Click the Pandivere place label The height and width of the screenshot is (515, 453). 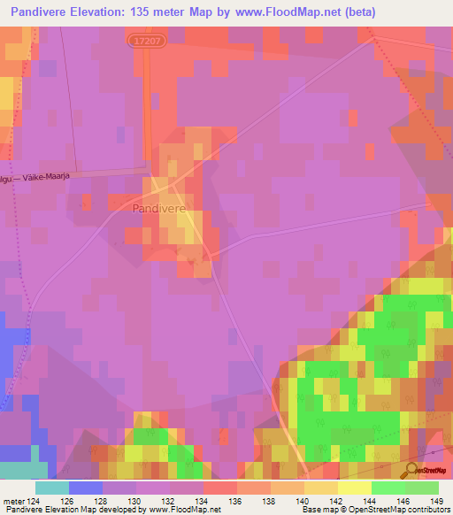click(x=158, y=209)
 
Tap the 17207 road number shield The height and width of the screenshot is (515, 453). click(x=145, y=41)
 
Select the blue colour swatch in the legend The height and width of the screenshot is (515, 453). click(x=85, y=488)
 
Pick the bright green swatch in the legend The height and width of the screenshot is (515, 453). click(x=388, y=488)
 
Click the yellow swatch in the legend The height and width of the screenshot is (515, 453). click(x=354, y=488)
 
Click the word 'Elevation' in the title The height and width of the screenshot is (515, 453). click(x=96, y=12)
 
